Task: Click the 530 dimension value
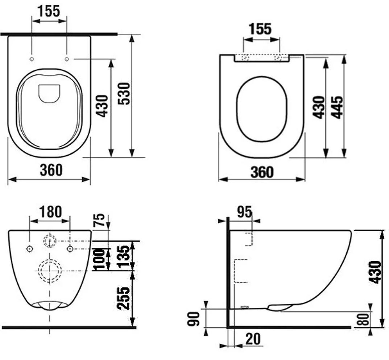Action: pyautogui.click(x=124, y=94)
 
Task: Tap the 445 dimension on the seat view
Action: pyautogui.click(x=337, y=107)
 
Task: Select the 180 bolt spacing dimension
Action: pyautogui.click(x=50, y=212)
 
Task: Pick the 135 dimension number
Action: pyautogui.click(x=123, y=256)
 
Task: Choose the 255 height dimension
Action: pyautogui.click(x=123, y=298)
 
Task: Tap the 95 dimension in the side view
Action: pyautogui.click(x=245, y=212)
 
